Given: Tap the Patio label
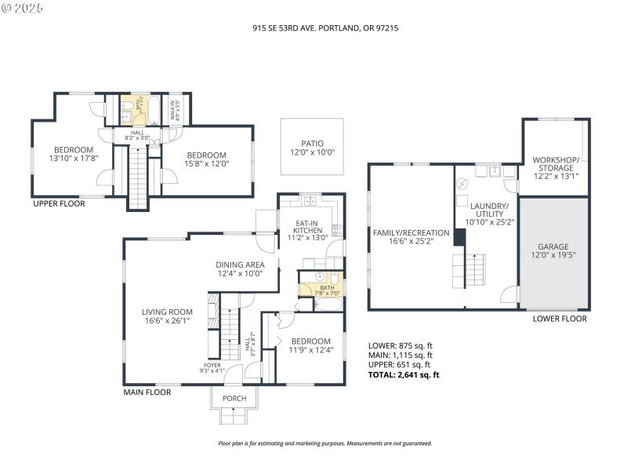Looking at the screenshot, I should coord(313,148).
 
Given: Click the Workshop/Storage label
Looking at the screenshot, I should coord(553,168).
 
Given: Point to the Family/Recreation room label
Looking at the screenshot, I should coord(411,237).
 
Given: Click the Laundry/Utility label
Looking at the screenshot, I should coord(488,217).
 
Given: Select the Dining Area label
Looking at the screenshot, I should coord(240,269).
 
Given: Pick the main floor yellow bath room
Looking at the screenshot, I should coord(320,284).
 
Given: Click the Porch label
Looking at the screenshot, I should coord(234,398).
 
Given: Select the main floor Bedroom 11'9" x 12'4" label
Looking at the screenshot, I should coord(311,346).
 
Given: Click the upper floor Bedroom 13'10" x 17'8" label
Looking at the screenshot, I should coord(73,154).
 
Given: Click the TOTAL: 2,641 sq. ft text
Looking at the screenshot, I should coord(404,374).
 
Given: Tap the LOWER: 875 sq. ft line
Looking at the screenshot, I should coord(400,345).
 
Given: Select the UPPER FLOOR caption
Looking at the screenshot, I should coord(59,203).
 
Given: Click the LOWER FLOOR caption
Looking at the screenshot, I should coord(560,319).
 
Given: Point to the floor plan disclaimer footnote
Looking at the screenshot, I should coord(324,444).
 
